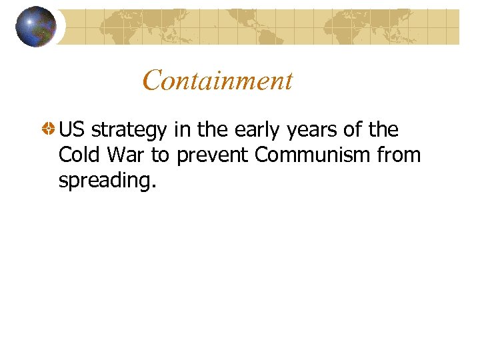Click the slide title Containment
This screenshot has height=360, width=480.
coord(217,81)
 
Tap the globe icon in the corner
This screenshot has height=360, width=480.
coord(35,26)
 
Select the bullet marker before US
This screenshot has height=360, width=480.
coord(49,129)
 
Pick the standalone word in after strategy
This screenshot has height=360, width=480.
coord(182,129)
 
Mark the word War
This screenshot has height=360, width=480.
coord(125,155)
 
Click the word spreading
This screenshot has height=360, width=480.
coord(105,181)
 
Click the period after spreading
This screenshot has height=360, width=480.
coord(154,186)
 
